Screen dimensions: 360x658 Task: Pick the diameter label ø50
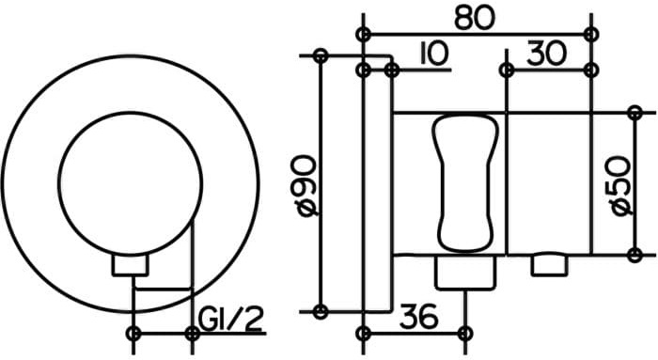point(621,186)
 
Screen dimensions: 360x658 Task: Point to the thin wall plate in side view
point(377,188)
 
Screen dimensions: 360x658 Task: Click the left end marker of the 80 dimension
point(365,34)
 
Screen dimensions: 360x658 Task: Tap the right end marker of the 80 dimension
point(590,34)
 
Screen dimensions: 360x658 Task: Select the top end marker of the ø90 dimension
point(321,56)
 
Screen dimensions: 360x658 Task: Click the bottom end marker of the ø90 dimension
point(321,311)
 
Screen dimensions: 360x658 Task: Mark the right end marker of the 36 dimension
point(462,332)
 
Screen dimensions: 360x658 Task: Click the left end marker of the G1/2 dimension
point(133,332)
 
